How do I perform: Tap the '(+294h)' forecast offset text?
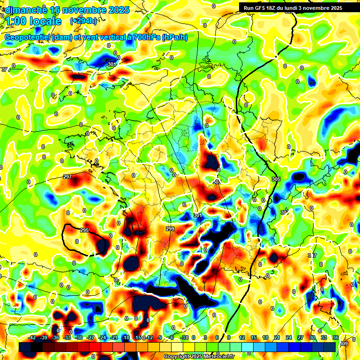point(83,21)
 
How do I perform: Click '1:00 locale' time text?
point(33,21)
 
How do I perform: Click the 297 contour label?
point(67,177)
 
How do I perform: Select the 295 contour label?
point(84,230)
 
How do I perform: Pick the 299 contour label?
point(170,229)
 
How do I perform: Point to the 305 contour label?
point(276,180)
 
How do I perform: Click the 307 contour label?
point(285,212)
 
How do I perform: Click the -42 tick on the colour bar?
point(32,337)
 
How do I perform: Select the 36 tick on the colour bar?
point(336,337)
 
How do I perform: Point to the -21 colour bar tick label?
point(114,337)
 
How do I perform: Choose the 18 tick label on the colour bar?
point(265,337)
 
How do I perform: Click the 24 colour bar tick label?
point(288,337)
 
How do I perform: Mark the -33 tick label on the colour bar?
point(67,337)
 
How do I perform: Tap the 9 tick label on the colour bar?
point(229,337)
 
